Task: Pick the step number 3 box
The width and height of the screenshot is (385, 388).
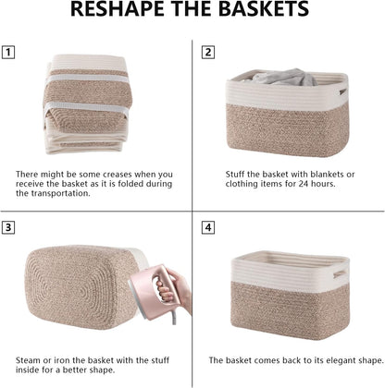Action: [8, 227]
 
